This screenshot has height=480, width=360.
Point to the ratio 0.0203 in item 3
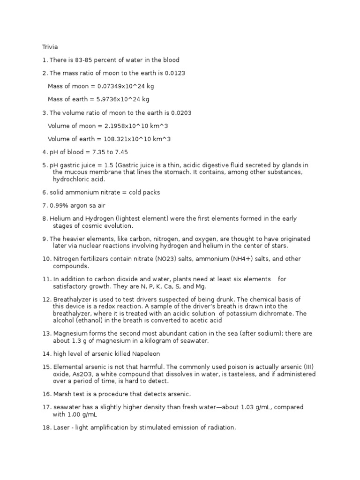[181, 112]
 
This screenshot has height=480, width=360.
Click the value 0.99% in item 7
[57, 205]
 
